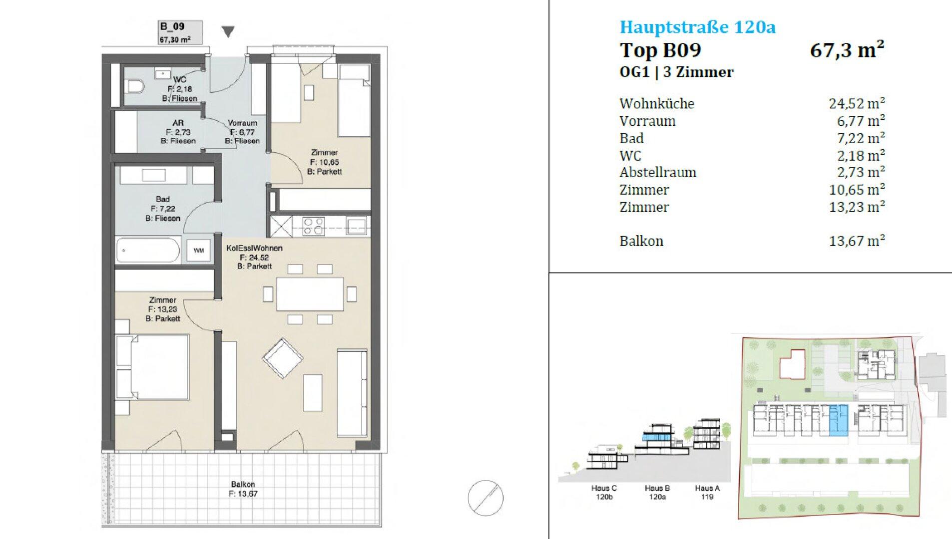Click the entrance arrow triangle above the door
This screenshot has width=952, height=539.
coord(228,32)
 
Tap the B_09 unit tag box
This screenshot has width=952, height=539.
coord(180,32)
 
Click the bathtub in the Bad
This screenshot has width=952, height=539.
coord(148,250)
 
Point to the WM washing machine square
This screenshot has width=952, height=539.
coord(199,251)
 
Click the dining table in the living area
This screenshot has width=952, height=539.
coord(310,294)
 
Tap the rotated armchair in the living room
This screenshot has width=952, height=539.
coord(283,358)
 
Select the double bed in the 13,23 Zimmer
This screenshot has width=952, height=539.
coord(153,367)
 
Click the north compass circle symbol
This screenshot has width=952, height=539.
coord(485,498)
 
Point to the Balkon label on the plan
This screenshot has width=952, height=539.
coord(243,484)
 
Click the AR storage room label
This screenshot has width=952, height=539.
coord(178,123)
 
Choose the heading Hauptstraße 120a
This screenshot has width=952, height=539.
coord(697,26)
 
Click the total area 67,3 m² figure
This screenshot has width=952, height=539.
coord(847,50)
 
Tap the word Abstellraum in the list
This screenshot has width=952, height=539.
coord(658,172)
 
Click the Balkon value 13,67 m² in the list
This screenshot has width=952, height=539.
coord(857,241)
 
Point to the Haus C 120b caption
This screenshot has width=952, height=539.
coord(604,493)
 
